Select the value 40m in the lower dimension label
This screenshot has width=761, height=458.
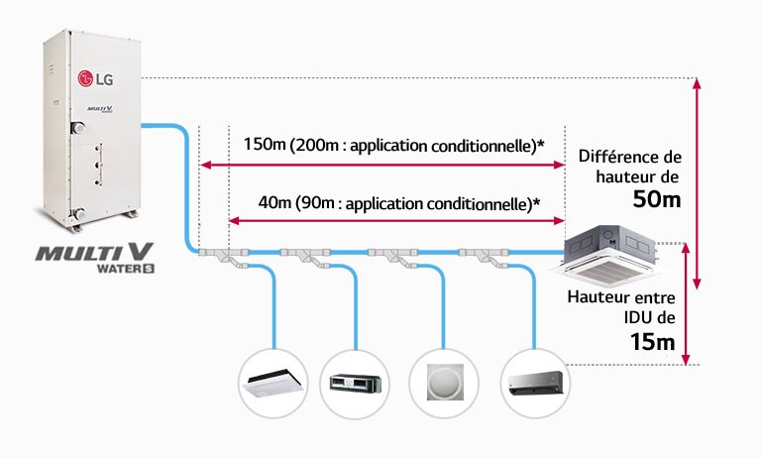[274, 204]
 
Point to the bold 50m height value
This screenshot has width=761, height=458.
[657, 199]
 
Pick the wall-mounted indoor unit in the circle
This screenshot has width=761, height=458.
[534, 381]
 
